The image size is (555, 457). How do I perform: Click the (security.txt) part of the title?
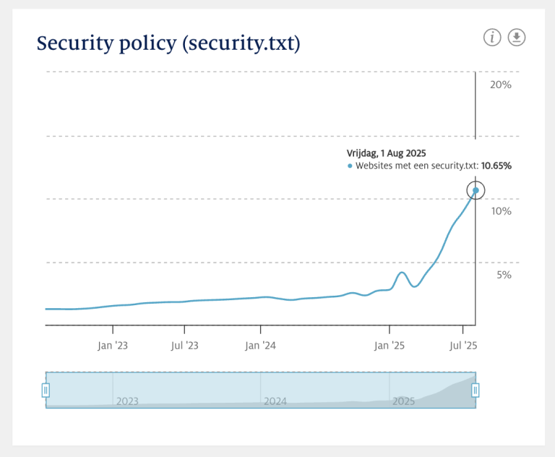(x=241, y=43)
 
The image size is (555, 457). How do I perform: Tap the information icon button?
(x=492, y=38)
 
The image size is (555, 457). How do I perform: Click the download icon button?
(x=517, y=38)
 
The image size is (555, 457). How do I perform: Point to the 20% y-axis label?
(x=501, y=85)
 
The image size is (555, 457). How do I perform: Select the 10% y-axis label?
(x=501, y=211)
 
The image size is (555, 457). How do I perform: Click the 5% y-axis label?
(x=504, y=275)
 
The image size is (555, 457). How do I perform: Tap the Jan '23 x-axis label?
(x=113, y=346)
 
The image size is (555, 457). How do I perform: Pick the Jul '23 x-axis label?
(x=185, y=346)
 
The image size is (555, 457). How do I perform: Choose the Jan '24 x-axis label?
(x=260, y=346)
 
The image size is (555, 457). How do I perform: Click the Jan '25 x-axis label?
(x=390, y=346)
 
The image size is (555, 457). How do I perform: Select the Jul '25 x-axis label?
(x=463, y=346)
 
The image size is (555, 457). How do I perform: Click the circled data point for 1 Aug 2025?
(x=476, y=191)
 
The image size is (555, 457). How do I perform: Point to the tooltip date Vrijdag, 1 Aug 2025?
(x=387, y=153)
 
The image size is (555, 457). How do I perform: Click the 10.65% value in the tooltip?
(x=496, y=166)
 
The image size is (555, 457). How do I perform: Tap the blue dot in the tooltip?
(x=350, y=166)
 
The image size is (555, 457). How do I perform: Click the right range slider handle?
(x=476, y=390)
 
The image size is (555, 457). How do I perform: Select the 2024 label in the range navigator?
(x=275, y=401)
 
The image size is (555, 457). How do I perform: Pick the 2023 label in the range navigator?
(x=127, y=401)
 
